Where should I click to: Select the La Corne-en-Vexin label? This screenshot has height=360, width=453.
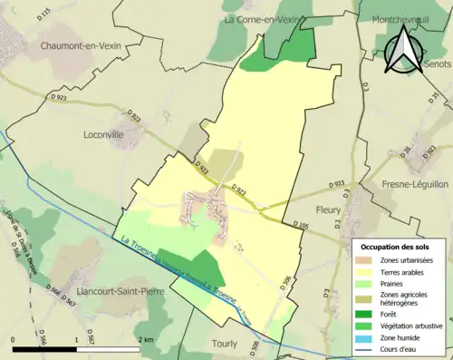click(x=263, y=18)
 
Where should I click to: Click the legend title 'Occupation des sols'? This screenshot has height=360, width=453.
click(x=397, y=247)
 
